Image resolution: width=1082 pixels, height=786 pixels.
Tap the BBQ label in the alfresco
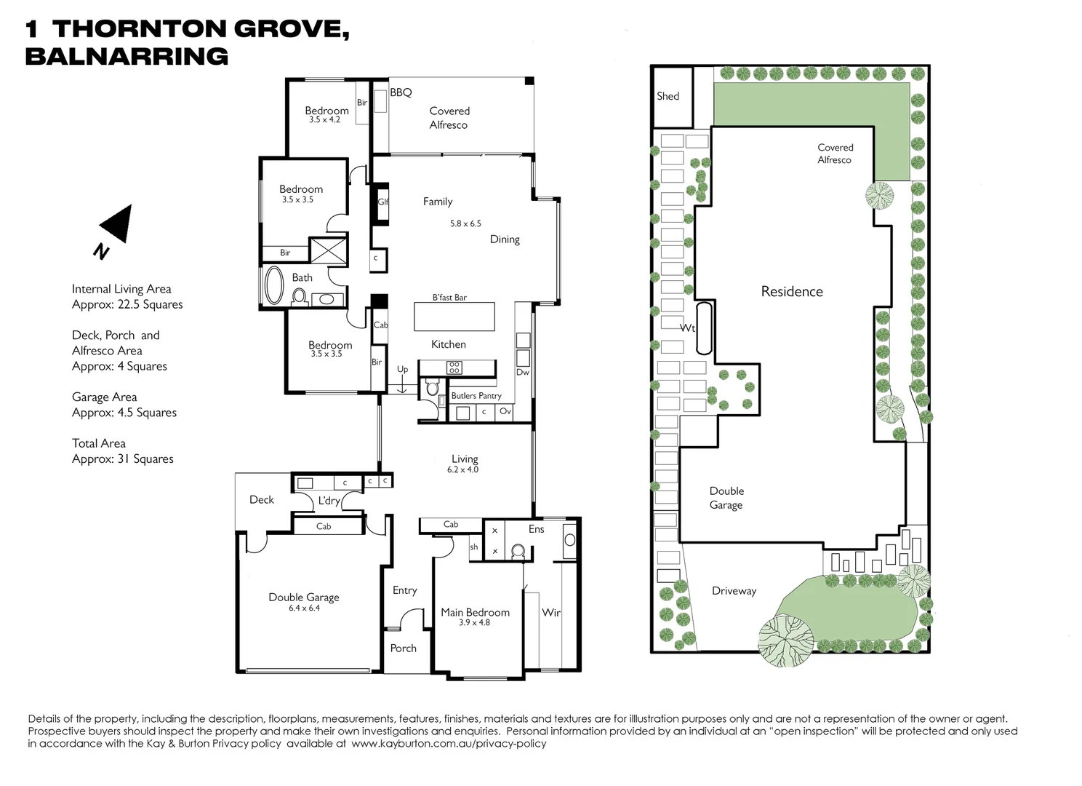[401, 92]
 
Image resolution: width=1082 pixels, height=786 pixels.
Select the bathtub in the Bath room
[275, 285]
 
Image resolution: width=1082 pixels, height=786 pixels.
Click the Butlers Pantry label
[476, 395]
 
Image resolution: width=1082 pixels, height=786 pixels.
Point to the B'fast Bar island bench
[454, 316]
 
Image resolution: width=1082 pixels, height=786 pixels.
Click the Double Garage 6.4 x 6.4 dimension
[304, 608]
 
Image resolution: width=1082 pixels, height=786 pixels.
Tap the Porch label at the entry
[403, 648]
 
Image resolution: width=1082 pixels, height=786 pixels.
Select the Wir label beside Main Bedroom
[550, 613]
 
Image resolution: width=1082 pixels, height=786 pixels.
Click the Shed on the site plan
[668, 96]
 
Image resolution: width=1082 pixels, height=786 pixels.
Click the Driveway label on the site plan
[734, 591]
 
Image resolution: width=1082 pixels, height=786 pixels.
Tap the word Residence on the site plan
[791, 291]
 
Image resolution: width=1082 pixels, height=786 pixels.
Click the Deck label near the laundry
[262, 499]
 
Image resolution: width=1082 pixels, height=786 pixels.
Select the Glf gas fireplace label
[382, 202]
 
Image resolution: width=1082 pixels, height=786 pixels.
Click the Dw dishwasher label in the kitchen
[522, 372]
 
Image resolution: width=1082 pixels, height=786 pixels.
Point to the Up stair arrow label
[402, 369]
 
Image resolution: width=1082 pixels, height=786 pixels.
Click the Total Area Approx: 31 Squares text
[122, 450]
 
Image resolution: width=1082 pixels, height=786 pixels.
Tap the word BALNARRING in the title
[127, 56]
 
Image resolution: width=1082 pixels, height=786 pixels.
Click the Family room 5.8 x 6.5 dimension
[465, 223]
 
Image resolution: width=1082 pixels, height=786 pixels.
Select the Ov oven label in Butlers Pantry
[505, 411]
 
